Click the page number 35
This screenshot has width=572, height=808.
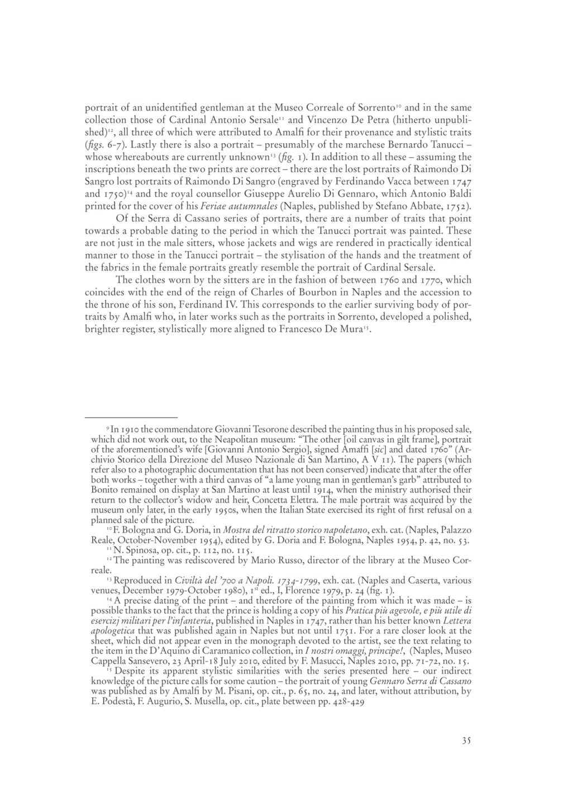point(467,741)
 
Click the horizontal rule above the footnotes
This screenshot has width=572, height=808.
point(131,417)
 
